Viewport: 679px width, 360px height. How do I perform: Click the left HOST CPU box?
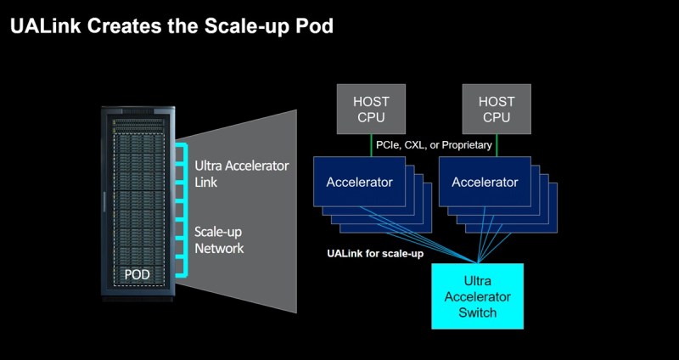click(x=371, y=109)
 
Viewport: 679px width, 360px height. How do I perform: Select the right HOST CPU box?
click(x=497, y=109)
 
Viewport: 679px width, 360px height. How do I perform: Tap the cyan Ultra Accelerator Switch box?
click(x=477, y=296)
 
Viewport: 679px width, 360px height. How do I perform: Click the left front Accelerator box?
click(x=359, y=182)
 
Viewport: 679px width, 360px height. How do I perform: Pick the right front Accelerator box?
click(x=485, y=182)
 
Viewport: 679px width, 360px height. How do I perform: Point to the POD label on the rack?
click(x=137, y=274)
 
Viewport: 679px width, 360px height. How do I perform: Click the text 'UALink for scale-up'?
click(x=375, y=254)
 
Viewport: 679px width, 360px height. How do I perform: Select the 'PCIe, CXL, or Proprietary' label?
click(x=434, y=144)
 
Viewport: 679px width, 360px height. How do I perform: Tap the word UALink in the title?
click(x=45, y=26)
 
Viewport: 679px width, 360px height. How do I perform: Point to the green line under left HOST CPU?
click(x=371, y=145)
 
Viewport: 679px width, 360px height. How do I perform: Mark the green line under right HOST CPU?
click(x=497, y=145)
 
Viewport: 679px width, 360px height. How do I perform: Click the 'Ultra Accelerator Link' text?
click(x=242, y=174)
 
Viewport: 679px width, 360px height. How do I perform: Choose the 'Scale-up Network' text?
click(x=219, y=240)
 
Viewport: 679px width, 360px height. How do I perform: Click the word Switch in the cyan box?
click(x=477, y=312)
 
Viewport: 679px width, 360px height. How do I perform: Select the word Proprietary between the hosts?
click(x=467, y=145)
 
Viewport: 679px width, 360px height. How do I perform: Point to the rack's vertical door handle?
click(x=104, y=202)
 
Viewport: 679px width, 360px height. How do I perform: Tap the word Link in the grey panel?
click(x=205, y=182)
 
